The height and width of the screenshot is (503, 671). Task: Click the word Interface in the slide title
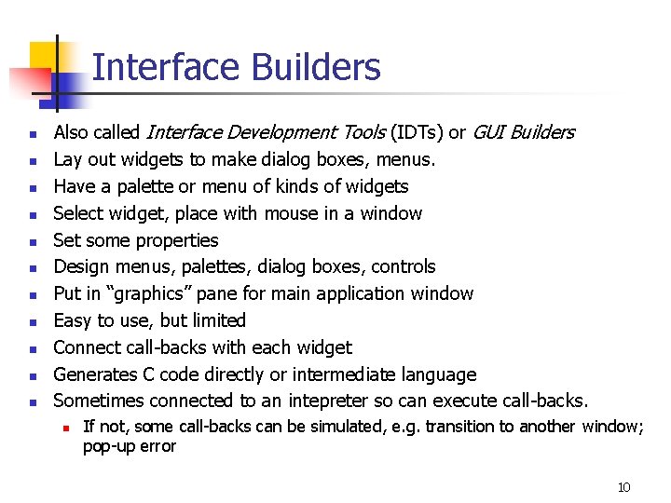point(154,68)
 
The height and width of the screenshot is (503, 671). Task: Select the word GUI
point(489,132)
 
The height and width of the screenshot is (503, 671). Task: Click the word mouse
point(290,213)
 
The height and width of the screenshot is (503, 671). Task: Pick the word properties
point(175,240)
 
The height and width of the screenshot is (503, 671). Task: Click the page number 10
point(623,487)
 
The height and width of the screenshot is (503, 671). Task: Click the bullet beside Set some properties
point(32,241)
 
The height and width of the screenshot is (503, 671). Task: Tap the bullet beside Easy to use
point(32,322)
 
